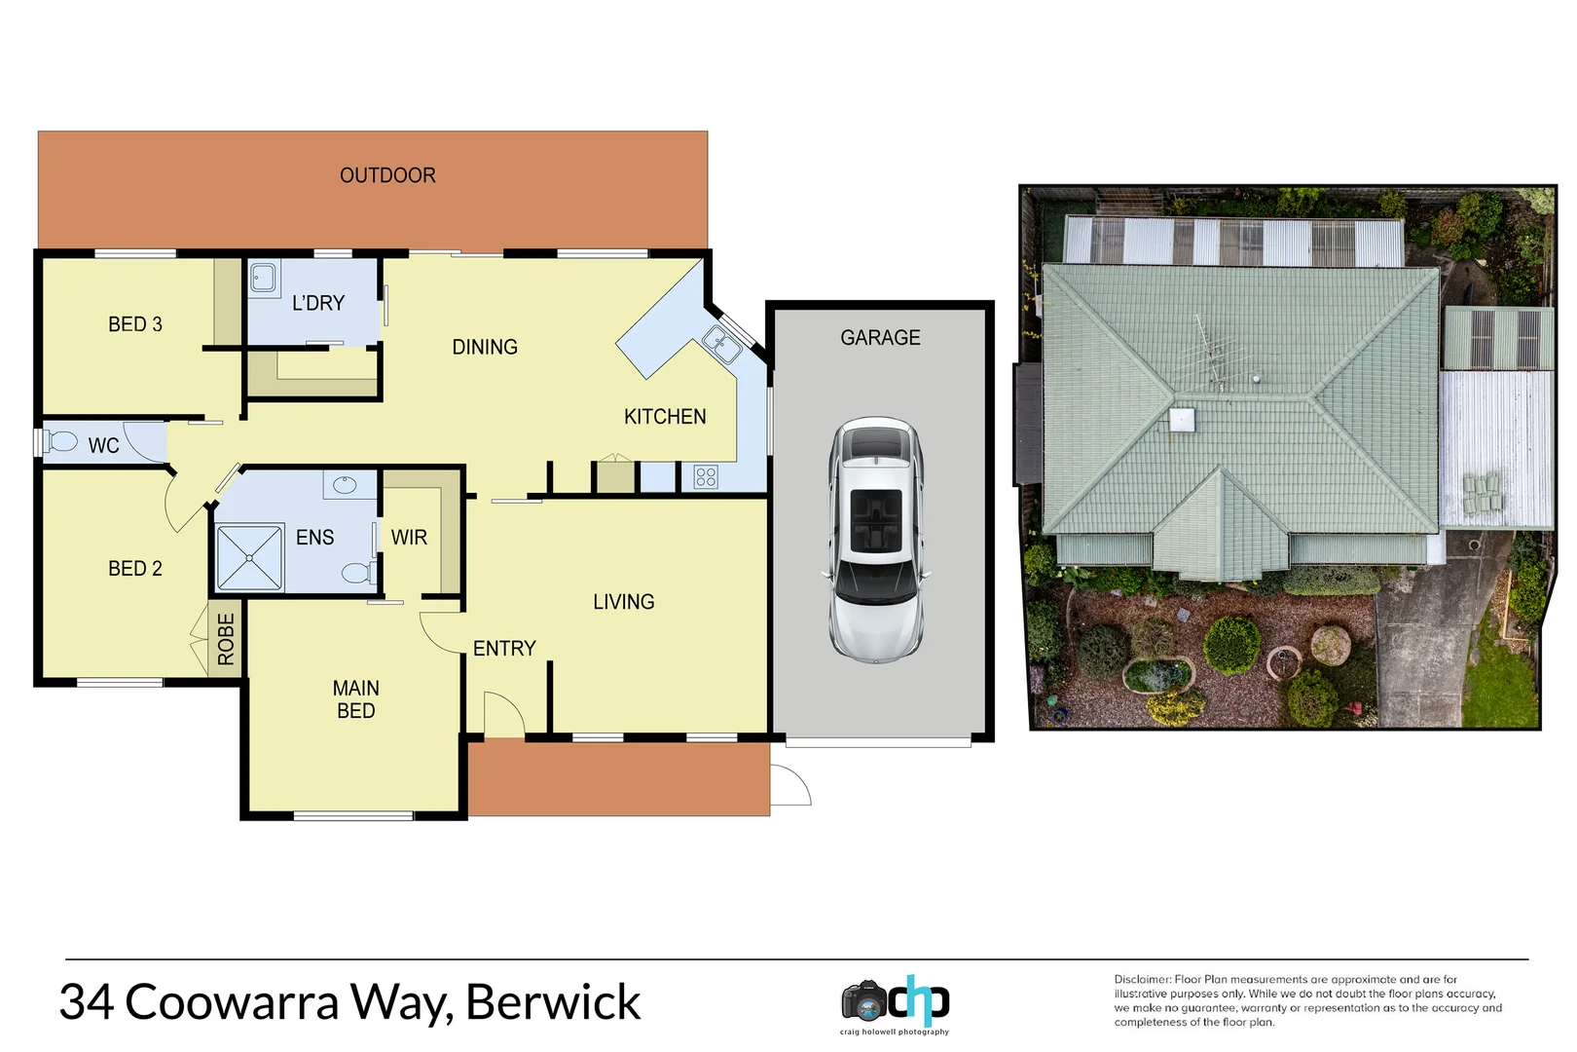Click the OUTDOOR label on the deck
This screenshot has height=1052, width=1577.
[387, 175]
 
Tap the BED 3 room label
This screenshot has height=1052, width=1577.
[135, 324]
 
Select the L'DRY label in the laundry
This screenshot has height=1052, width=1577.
[318, 303]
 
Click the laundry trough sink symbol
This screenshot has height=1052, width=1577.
[263, 278]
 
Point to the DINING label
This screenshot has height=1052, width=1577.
[485, 347]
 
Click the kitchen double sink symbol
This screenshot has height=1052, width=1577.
[721, 345]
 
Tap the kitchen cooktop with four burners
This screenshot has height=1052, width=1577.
[706, 477]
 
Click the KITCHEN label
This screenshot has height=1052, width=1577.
[665, 417]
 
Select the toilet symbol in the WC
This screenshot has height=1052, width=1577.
[60, 441]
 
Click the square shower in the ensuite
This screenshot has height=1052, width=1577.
[249, 558]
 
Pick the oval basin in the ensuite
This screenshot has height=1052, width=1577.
[345, 484]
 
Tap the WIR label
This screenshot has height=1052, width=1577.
[409, 538]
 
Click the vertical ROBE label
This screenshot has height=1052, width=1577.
[226, 639]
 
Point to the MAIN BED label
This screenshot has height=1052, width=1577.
[355, 699]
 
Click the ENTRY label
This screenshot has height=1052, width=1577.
[504, 649]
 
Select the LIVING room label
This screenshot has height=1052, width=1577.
[623, 602]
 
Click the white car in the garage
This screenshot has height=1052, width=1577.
[876, 541]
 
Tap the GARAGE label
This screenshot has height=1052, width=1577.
[880, 338]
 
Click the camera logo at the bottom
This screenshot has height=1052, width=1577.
[864, 1001]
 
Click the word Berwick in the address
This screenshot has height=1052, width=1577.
[553, 1002]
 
